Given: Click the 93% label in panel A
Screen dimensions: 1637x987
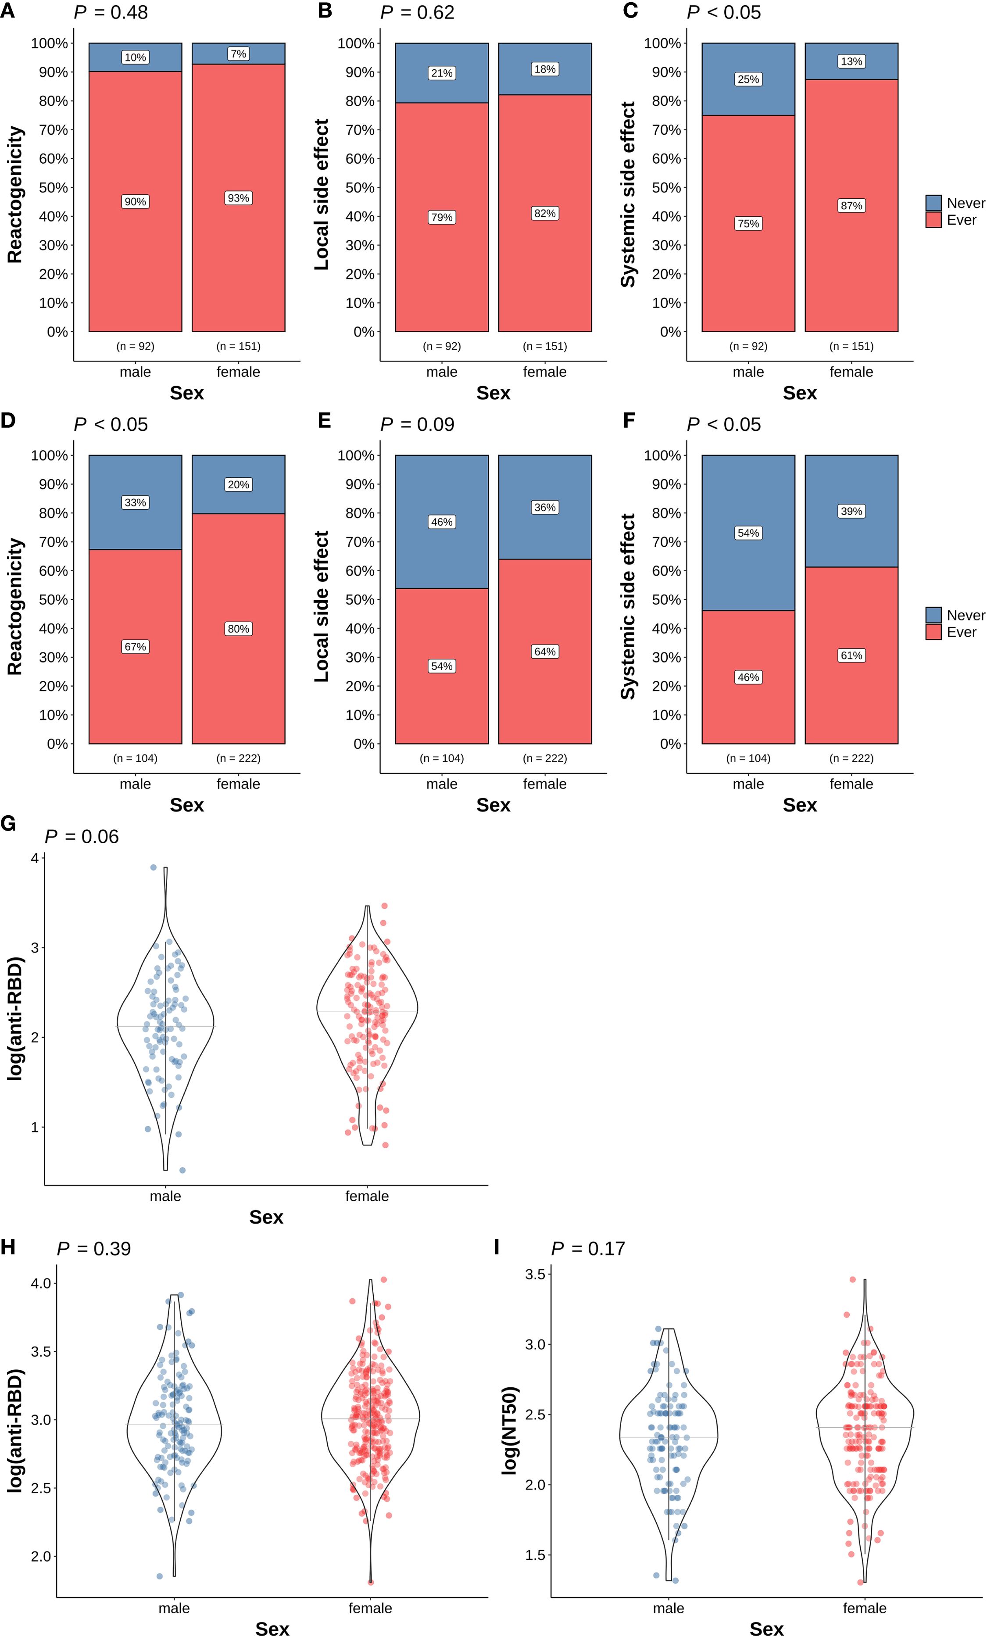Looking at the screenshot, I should pyautogui.click(x=239, y=198).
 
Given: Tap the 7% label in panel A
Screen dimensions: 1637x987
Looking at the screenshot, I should pyautogui.click(x=239, y=54).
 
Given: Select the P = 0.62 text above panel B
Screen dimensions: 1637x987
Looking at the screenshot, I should pyautogui.click(x=417, y=13).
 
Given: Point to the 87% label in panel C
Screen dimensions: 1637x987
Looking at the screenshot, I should pyautogui.click(x=851, y=206).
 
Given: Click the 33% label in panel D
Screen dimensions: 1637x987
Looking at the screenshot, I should pyautogui.click(x=136, y=502).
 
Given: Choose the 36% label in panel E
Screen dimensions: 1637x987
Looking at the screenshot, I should pyautogui.click(x=545, y=508).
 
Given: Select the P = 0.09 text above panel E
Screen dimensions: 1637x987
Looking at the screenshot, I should pyautogui.click(x=417, y=425).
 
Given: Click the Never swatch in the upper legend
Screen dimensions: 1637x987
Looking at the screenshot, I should pyautogui.click(x=933, y=203).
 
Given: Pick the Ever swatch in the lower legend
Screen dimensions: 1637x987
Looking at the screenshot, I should pyautogui.click(x=933, y=632).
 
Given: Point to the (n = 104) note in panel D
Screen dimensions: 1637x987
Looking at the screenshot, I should pyautogui.click(x=136, y=758).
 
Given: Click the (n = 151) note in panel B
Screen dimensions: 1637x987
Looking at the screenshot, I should pyautogui.click(x=545, y=346).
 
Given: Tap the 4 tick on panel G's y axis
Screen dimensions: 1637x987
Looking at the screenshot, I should pyautogui.click(x=35, y=858).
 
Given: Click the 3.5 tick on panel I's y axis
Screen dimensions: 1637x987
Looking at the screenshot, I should pyautogui.click(x=535, y=1274).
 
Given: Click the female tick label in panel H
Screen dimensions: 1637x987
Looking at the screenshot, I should pyautogui.click(x=370, y=1608).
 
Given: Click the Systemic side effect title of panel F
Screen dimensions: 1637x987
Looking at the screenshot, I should pyautogui.click(x=628, y=606).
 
